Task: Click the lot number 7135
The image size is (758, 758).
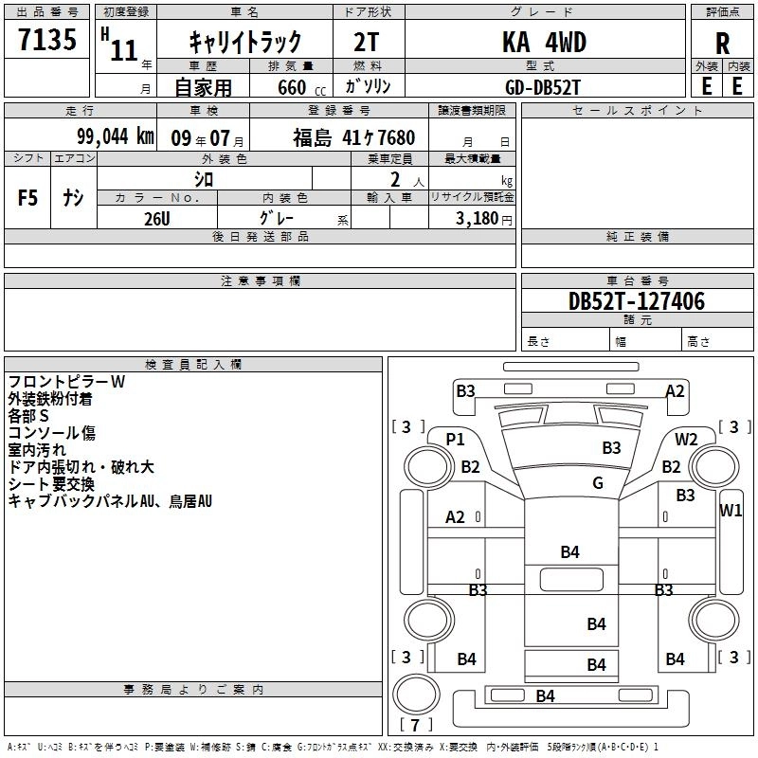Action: pyautogui.click(x=47, y=39)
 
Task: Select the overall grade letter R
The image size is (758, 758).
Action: pyautogui.click(x=722, y=44)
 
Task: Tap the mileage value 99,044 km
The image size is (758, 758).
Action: pyautogui.click(x=116, y=136)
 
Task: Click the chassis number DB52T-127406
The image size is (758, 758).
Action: pyautogui.click(x=637, y=301)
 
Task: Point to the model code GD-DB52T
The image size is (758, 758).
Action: pyautogui.click(x=542, y=87)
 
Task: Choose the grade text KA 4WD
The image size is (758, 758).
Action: pyautogui.click(x=544, y=42)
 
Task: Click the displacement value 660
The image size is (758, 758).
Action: pyautogui.click(x=292, y=87)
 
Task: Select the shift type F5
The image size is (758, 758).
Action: pyautogui.click(x=27, y=198)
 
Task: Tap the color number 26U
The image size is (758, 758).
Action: pyautogui.click(x=157, y=219)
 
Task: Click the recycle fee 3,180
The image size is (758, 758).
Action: pyautogui.click(x=477, y=218)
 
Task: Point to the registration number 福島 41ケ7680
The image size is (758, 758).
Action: pyautogui.click(x=353, y=137)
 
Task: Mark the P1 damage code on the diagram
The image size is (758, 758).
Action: pyautogui.click(x=455, y=439)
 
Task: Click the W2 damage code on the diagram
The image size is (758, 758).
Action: pyautogui.click(x=686, y=439)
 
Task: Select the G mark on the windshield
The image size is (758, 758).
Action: pyautogui.click(x=598, y=482)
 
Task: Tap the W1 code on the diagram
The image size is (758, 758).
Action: pyautogui.click(x=731, y=510)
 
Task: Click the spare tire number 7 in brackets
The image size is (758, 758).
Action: pyautogui.click(x=415, y=725)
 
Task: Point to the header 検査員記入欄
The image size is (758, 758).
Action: pyautogui.click(x=193, y=365)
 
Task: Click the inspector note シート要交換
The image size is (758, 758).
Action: pyautogui.click(x=51, y=484)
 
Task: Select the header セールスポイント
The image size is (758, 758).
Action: pyautogui.click(x=637, y=111)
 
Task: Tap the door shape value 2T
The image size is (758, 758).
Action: pyautogui.click(x=366, y=42)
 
